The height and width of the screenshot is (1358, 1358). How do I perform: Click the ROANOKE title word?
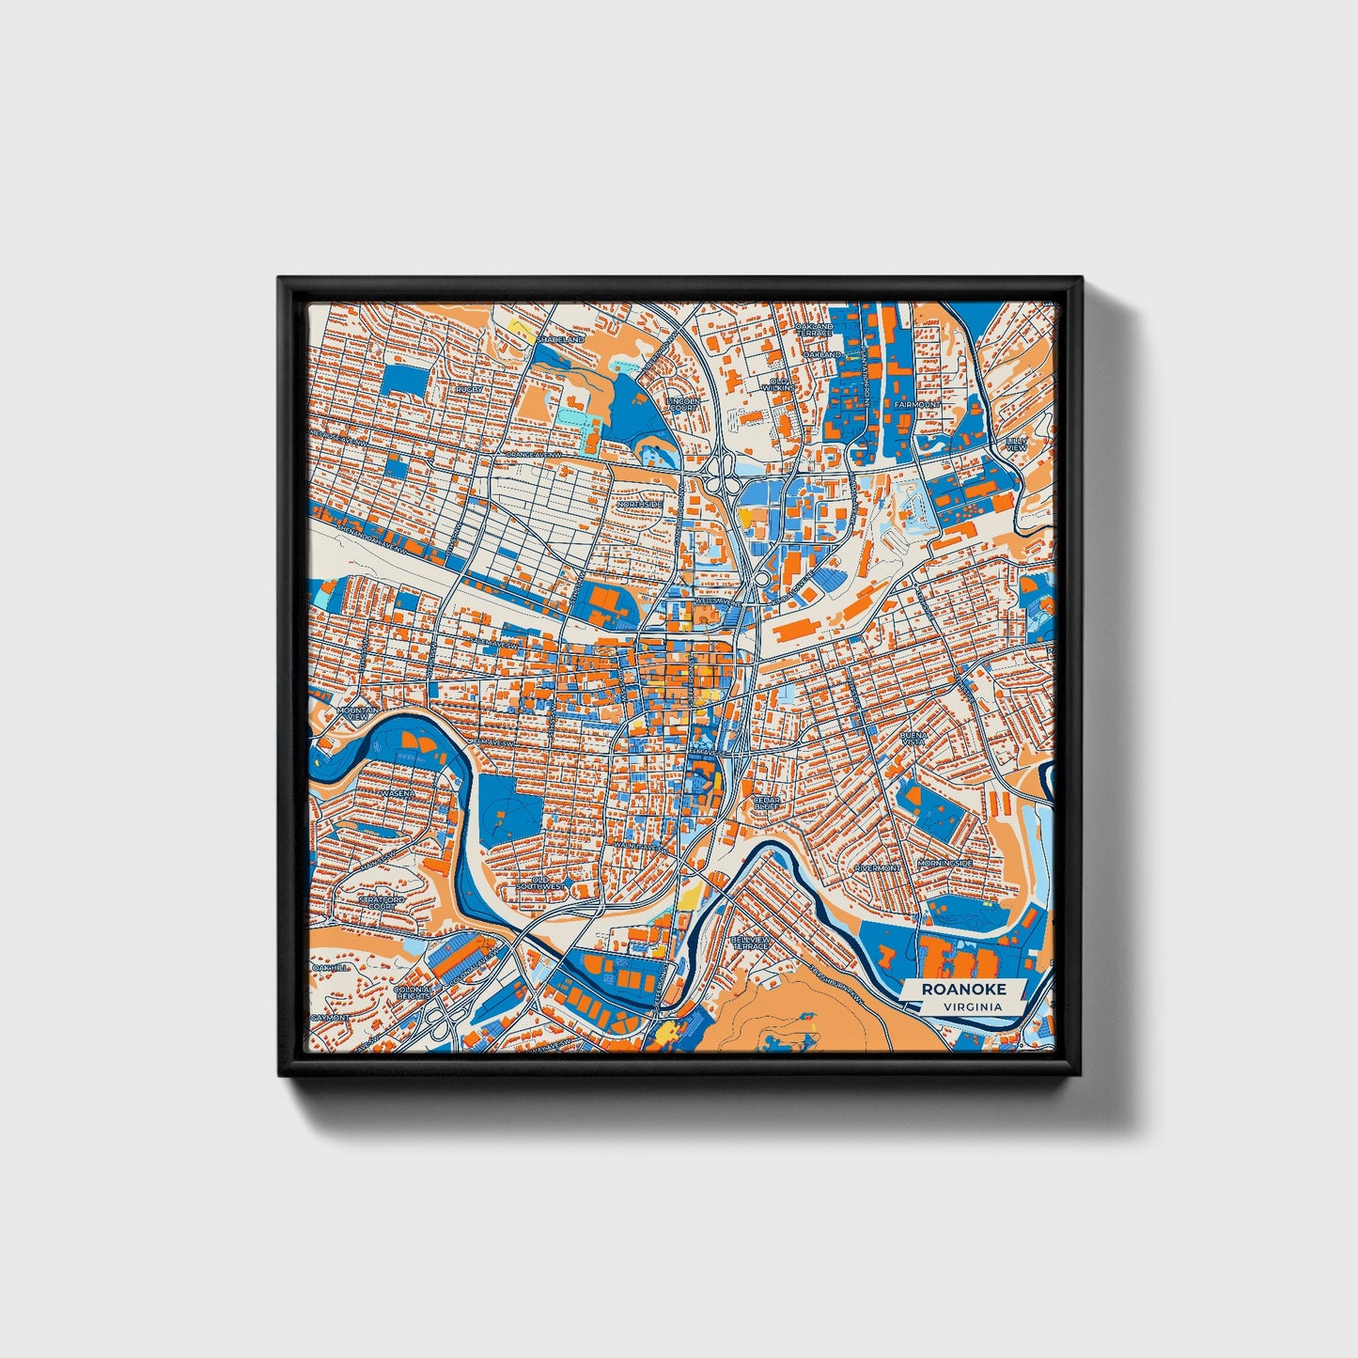tap(963, 989)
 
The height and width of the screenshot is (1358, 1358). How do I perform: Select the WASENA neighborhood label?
tap(397, 793)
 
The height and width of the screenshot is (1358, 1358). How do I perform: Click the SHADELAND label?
tap(563, 338)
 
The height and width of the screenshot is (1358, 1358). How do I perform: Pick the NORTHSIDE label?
tap(640, 504)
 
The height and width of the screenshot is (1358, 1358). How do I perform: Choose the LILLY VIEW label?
tap(1016, 444)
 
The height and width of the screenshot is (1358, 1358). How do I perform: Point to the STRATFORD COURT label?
tap(382, 902)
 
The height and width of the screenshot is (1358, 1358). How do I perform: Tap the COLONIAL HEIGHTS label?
tap(414, 993)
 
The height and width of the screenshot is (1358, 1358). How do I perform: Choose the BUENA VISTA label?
tap(913, 739)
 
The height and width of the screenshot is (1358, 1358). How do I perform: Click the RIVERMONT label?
tap(878, 867)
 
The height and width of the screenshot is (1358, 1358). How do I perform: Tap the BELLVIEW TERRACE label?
tap(752, 942)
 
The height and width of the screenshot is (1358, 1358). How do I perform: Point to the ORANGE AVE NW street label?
tap(535, 455)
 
